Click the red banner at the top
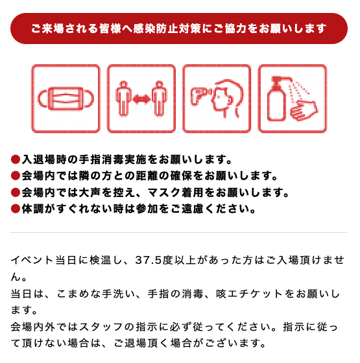[180, 29]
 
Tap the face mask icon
[66, 99]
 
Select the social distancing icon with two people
[141, 99]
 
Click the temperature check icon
[217, 99]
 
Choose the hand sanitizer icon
[292, 99]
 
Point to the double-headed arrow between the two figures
[141, 99]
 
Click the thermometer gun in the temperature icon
[198, 97]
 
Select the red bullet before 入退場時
[16, 159]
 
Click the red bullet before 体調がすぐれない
[16, 209]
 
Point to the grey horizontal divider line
[180, 232]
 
